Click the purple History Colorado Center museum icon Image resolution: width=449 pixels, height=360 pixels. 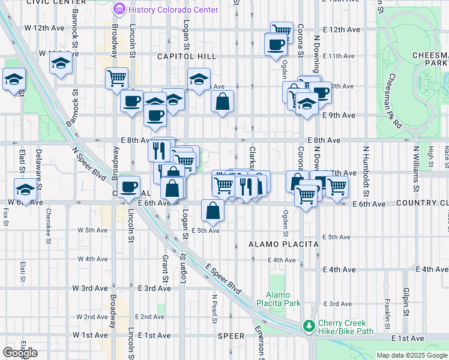[119, 9]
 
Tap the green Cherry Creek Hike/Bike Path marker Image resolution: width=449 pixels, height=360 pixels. [309, 326]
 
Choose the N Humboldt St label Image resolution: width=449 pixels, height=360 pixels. [365, 163]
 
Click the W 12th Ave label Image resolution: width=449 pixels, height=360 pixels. [44, 28]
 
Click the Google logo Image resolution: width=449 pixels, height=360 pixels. [20, 353]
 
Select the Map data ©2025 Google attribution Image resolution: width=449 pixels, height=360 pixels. [411, 355]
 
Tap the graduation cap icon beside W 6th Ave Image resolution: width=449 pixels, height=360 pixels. [25, 190]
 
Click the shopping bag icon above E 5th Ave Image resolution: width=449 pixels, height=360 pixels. [212, 211]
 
